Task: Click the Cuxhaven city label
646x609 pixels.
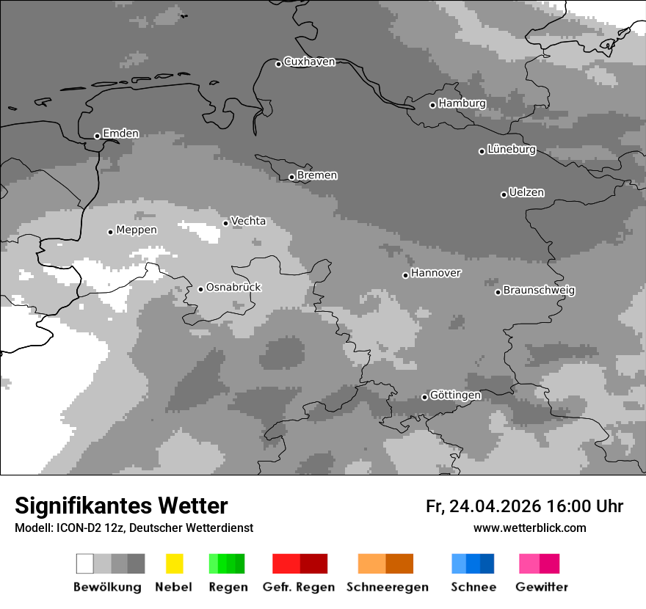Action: click(309, 62)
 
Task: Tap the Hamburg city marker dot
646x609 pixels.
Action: click(432, 105)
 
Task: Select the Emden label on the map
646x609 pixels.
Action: click(120, 134)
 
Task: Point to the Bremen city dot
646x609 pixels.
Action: click(291, 177)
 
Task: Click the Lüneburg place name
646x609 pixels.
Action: click(512, 150)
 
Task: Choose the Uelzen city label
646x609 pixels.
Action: click(526, 193)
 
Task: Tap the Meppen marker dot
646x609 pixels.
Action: click(110, 232)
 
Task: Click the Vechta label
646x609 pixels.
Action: click(248, 221)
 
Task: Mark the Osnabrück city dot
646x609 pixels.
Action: click(200, 289)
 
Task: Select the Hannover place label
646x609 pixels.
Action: click(436, 273)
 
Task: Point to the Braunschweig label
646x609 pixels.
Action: click(539, 291)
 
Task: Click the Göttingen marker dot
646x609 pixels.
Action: click(424, 398)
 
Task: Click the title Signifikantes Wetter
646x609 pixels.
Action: click(121, 506)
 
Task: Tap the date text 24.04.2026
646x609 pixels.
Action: click(495, 506)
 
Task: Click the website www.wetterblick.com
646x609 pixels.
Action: click(529, 528)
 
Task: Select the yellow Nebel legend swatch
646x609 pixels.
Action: click(174, 564)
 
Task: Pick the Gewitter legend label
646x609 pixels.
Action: click(542, 587)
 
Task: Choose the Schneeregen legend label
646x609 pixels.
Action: click(387, 587)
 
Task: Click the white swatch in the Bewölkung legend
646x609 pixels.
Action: click(85, 564)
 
